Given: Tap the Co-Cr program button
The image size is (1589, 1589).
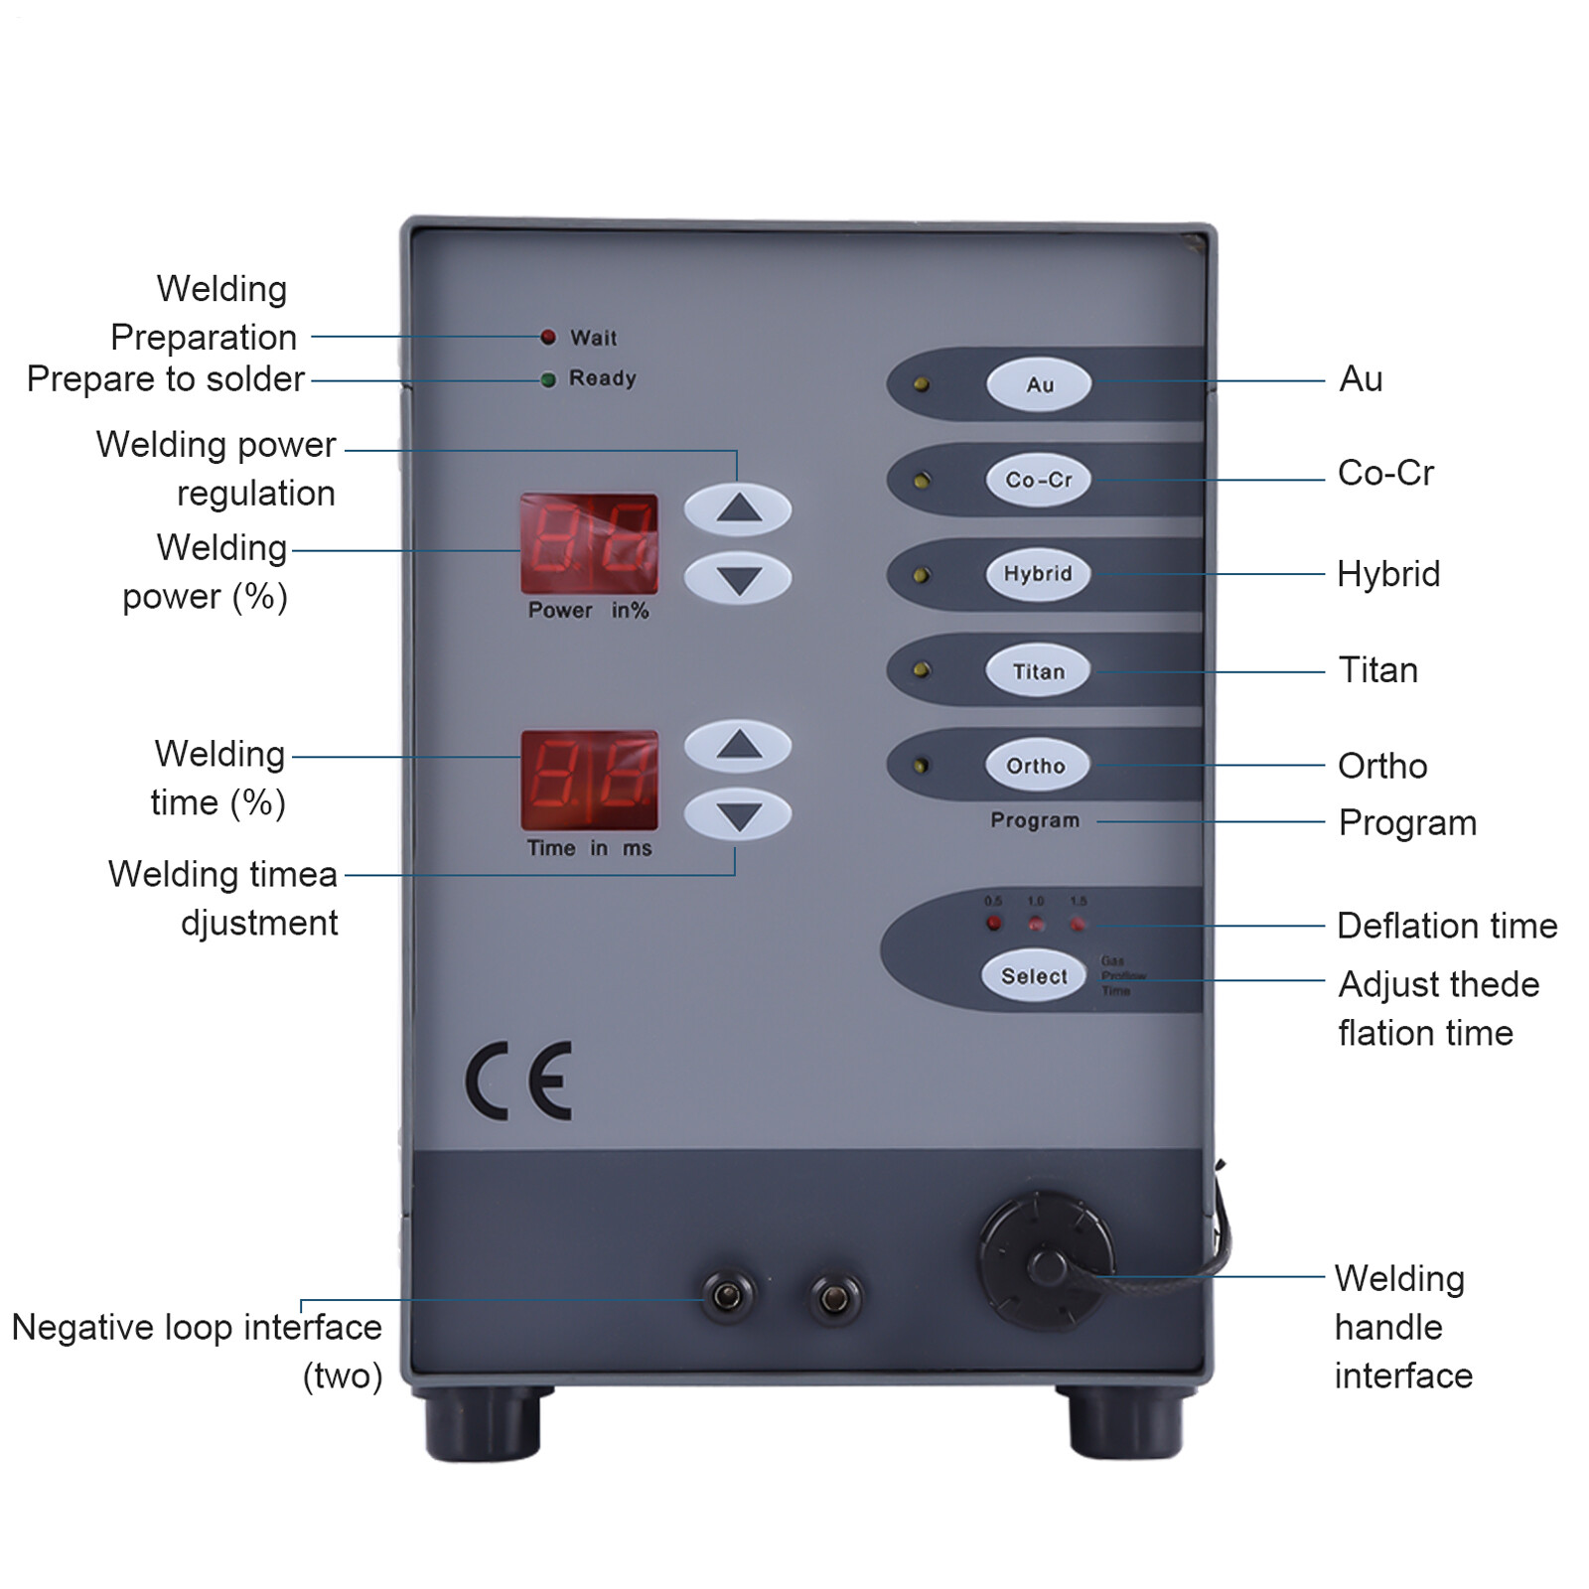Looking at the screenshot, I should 1038,480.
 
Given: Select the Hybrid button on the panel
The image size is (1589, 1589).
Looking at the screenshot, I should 1038,574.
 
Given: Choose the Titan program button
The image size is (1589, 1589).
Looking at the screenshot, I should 1038,671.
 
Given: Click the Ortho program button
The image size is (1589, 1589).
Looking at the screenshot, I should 1036,766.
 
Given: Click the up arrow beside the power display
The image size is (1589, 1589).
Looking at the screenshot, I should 738,509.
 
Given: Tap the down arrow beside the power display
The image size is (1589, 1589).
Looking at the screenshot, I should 738,579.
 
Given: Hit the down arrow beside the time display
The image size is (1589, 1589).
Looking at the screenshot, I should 738,815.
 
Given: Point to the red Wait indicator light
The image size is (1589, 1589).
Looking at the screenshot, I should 548,337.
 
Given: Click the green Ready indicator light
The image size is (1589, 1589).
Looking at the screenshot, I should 548,379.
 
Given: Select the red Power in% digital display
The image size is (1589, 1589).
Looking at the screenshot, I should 589,543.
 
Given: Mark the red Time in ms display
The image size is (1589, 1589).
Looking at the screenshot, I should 589,781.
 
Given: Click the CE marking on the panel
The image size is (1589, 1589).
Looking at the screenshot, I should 519,1081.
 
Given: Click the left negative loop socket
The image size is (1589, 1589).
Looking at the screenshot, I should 728,1296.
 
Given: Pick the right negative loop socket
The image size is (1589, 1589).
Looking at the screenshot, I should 835,1298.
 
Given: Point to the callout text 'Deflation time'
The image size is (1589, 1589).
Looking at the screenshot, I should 1447,926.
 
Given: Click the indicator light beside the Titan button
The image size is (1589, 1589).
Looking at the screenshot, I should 922,670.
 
